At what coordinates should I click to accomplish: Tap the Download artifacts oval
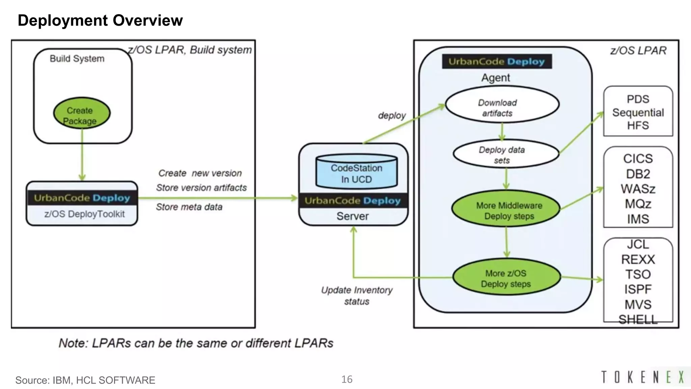[x=502, y=104]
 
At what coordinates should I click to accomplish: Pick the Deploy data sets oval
[x=505, y=154]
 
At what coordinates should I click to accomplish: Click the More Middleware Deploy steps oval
[x=506, y=209]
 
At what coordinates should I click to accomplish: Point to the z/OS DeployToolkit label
[x=84, y=214]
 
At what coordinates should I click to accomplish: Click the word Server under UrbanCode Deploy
[x=353, y=216]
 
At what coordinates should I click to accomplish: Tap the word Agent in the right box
[x=495, y=78]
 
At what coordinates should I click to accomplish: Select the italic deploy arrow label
[x=391, y=115]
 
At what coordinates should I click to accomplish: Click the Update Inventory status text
[x=357, y=295]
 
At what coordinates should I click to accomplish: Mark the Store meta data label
[x=189, y=207]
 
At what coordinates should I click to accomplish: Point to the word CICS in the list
[x=638, y=159]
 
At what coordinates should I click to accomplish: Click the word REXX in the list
[x=638, y=259]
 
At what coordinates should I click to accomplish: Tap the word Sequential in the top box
[x=638, y=112]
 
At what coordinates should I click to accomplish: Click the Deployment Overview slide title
[x=100, y=20]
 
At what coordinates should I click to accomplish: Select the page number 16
[x=347, y=379]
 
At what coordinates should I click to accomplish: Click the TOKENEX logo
[x=642, y=377]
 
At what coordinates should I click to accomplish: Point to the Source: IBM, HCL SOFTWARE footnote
[x=85, y=380]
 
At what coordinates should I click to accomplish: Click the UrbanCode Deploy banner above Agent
[x=497, y=61]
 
